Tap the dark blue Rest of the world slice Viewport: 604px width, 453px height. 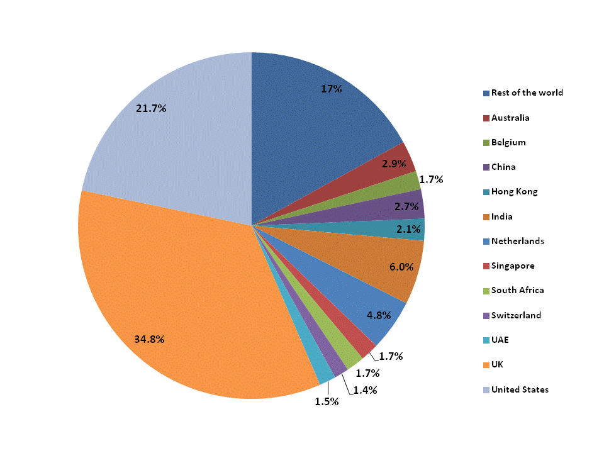315,126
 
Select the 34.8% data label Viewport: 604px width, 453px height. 149,339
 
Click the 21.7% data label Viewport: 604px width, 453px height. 151,108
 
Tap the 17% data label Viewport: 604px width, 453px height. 331,89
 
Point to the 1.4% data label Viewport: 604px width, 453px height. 365,390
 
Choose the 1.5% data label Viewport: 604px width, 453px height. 327,401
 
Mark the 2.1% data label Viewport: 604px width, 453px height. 408,229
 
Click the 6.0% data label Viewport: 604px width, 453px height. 401,267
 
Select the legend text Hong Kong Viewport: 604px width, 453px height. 515,192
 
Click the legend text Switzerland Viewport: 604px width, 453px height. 516,315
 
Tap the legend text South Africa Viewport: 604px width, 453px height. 517,290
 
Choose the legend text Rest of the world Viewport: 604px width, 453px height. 527,92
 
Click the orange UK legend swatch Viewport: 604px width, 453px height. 486,366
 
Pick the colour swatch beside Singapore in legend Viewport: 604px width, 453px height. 486,266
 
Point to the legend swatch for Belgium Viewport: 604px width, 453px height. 486,143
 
